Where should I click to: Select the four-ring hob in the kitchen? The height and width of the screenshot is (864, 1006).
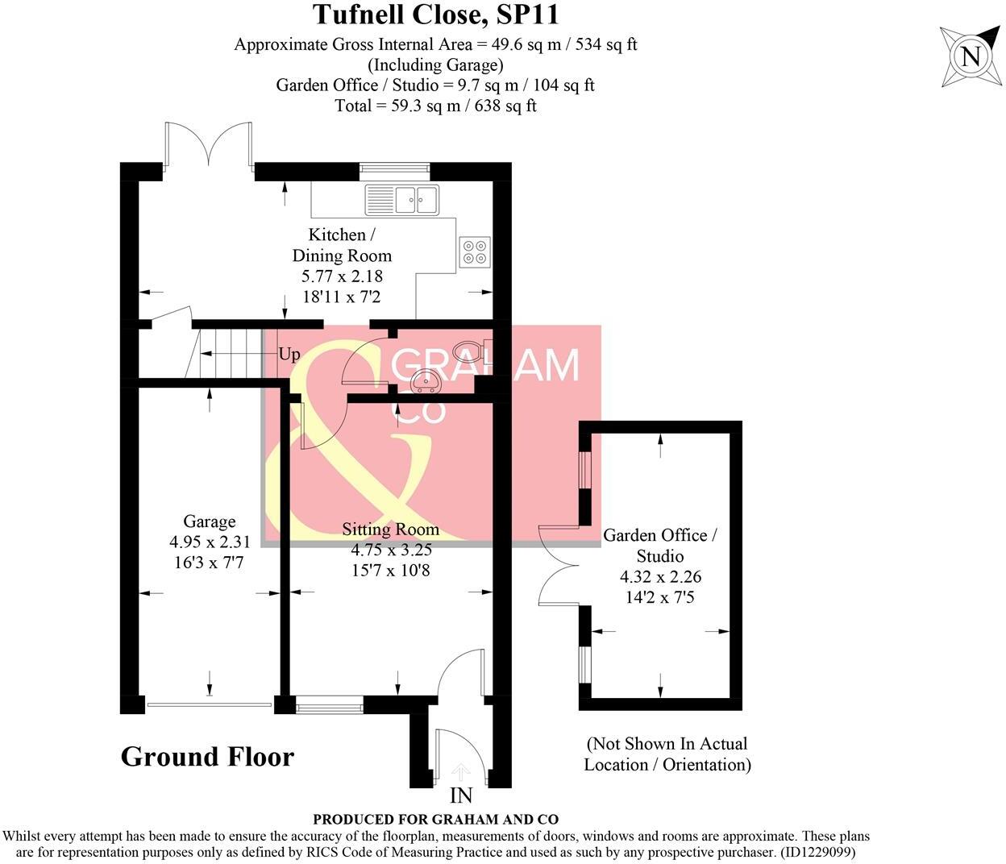click(474, 251)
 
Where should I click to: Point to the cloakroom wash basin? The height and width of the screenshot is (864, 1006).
click(422, 380)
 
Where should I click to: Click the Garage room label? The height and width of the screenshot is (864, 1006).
click(209, 521)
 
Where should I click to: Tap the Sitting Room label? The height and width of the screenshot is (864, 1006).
click(391, 530)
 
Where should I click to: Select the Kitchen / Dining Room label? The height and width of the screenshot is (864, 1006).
click(342, 245)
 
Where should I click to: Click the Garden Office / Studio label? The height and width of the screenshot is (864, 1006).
click(660, 546)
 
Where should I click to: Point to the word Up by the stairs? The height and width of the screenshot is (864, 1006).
click(289, 354)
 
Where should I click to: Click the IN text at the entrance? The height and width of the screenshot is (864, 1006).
click(461, 796)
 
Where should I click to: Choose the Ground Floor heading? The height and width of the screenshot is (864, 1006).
click(207, 757)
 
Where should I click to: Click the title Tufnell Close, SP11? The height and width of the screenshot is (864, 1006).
click(435, 15)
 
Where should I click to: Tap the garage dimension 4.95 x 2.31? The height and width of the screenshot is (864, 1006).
click(209, 542)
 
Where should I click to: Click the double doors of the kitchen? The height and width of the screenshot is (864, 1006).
click(209, 145)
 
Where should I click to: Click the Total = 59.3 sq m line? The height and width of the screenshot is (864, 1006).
click(435, 106)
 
